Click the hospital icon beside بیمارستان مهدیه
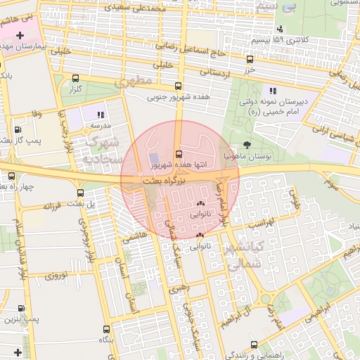20,34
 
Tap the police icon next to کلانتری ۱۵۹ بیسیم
281,29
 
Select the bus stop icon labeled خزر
250,60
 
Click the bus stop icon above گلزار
76,78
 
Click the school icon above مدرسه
101,114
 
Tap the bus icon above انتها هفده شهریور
179,153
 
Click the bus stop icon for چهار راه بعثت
13,176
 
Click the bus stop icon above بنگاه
106,328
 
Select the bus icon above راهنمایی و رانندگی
254,345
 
